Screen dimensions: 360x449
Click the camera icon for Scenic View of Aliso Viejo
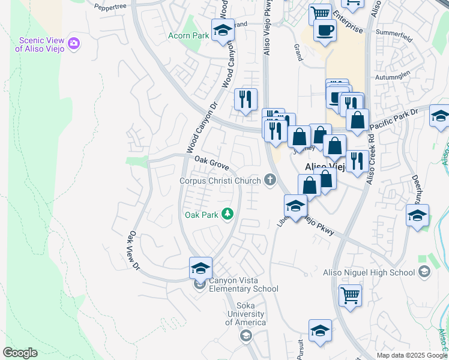coord(74,43)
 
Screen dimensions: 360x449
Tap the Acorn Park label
coord(188,36)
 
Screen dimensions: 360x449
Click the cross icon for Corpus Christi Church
coord(270,179)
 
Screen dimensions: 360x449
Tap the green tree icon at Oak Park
coord(228,214)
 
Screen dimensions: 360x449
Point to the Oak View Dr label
coord(134,250)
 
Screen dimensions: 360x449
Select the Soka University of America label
coord(245,318)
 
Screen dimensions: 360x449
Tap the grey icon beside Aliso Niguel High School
coord(424,273)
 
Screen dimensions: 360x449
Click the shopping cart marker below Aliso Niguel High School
coord(351,295)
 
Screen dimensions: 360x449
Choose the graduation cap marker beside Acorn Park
coord(223,30)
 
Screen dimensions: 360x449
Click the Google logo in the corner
coord(20,353)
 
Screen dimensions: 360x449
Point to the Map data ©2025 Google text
coord(412,355)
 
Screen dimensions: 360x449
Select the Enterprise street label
coord(348,21)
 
